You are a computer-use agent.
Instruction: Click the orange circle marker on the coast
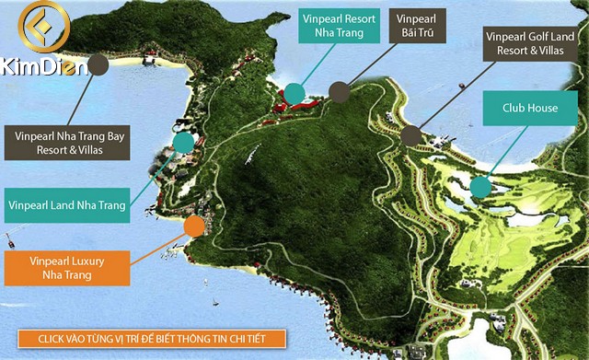[194, 226]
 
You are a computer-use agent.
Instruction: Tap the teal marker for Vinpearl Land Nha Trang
[184, 142]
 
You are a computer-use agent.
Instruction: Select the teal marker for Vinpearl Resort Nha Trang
[294, 93]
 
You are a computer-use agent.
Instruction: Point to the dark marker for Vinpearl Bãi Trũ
[340, 92]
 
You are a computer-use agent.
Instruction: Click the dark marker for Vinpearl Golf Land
[410, 136]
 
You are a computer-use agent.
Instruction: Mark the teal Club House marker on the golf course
[479, 188]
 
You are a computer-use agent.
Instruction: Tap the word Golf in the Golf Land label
[529, 39]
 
